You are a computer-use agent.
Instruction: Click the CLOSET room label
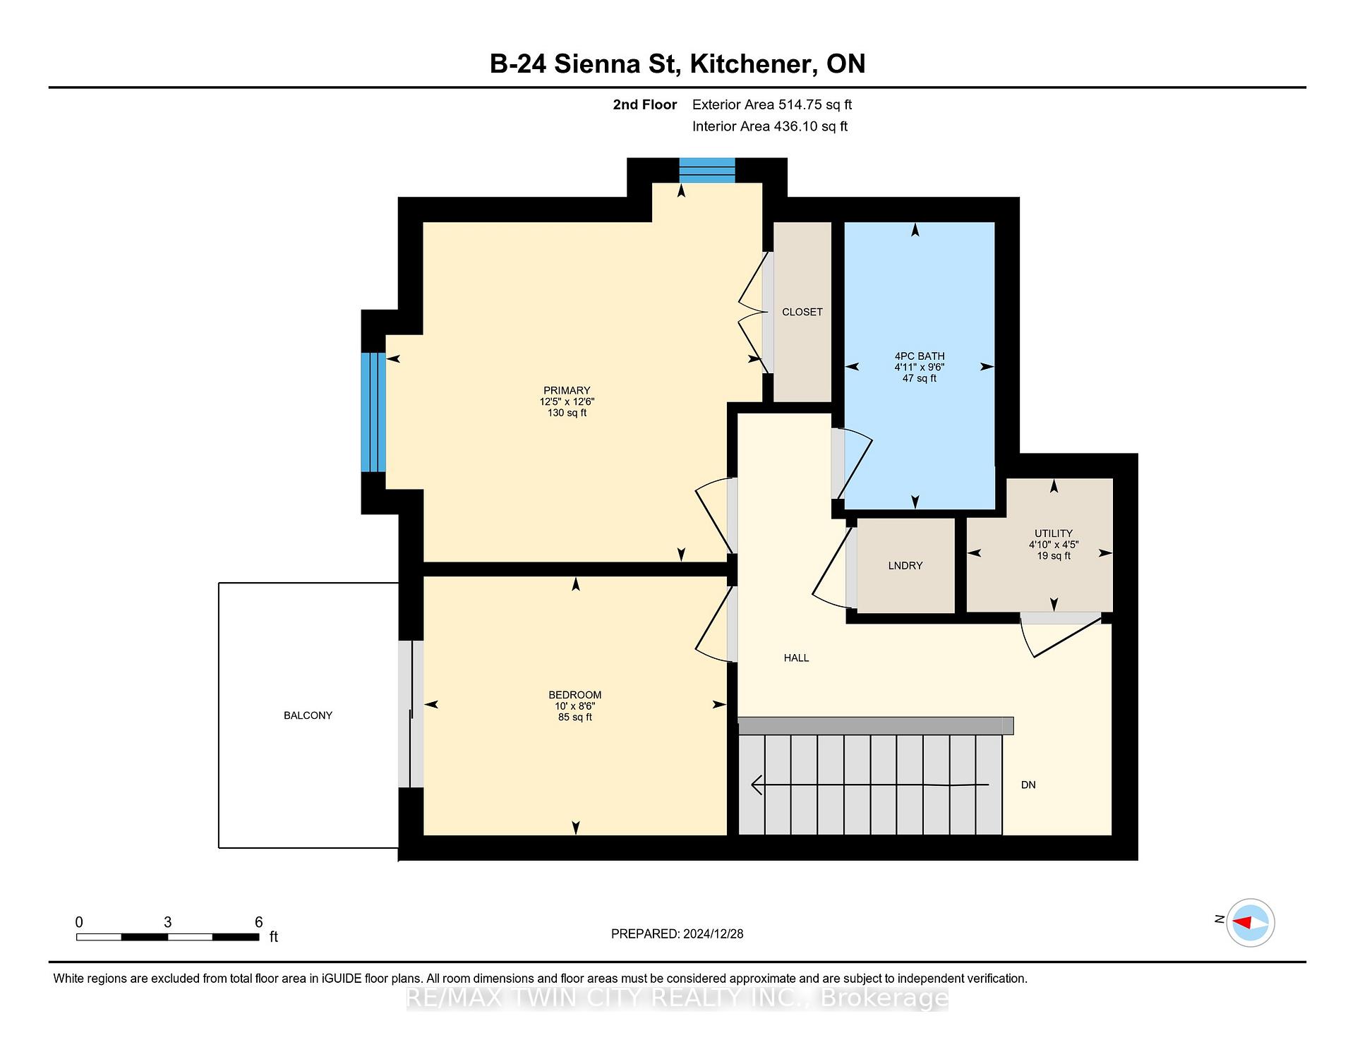point(802,312)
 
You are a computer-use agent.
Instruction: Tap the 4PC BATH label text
point(919,356)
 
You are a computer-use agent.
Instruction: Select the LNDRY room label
point(905,566)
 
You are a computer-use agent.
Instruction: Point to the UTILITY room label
point(1053,533)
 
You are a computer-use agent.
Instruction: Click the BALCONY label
point(308,715)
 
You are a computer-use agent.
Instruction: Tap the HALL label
point(796,658)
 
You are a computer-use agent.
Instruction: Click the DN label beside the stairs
point(1028,785)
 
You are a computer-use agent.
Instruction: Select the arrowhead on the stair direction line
point(757,785)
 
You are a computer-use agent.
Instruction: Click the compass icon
point(1250,922)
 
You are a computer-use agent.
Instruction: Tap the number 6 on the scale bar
point(258,922)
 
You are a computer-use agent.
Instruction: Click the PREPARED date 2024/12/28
point(713,933)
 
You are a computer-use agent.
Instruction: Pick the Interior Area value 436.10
point(795,126)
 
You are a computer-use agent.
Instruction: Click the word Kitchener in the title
point(748,63)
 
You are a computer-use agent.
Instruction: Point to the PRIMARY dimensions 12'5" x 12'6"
point(567,401)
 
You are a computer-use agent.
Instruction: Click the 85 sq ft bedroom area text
point(574,717)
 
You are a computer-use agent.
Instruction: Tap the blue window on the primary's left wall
point(373,412)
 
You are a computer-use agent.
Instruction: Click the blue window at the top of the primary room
point(707,170)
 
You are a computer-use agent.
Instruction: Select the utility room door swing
point(1061,634)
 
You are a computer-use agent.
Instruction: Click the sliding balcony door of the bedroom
point(411,714)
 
